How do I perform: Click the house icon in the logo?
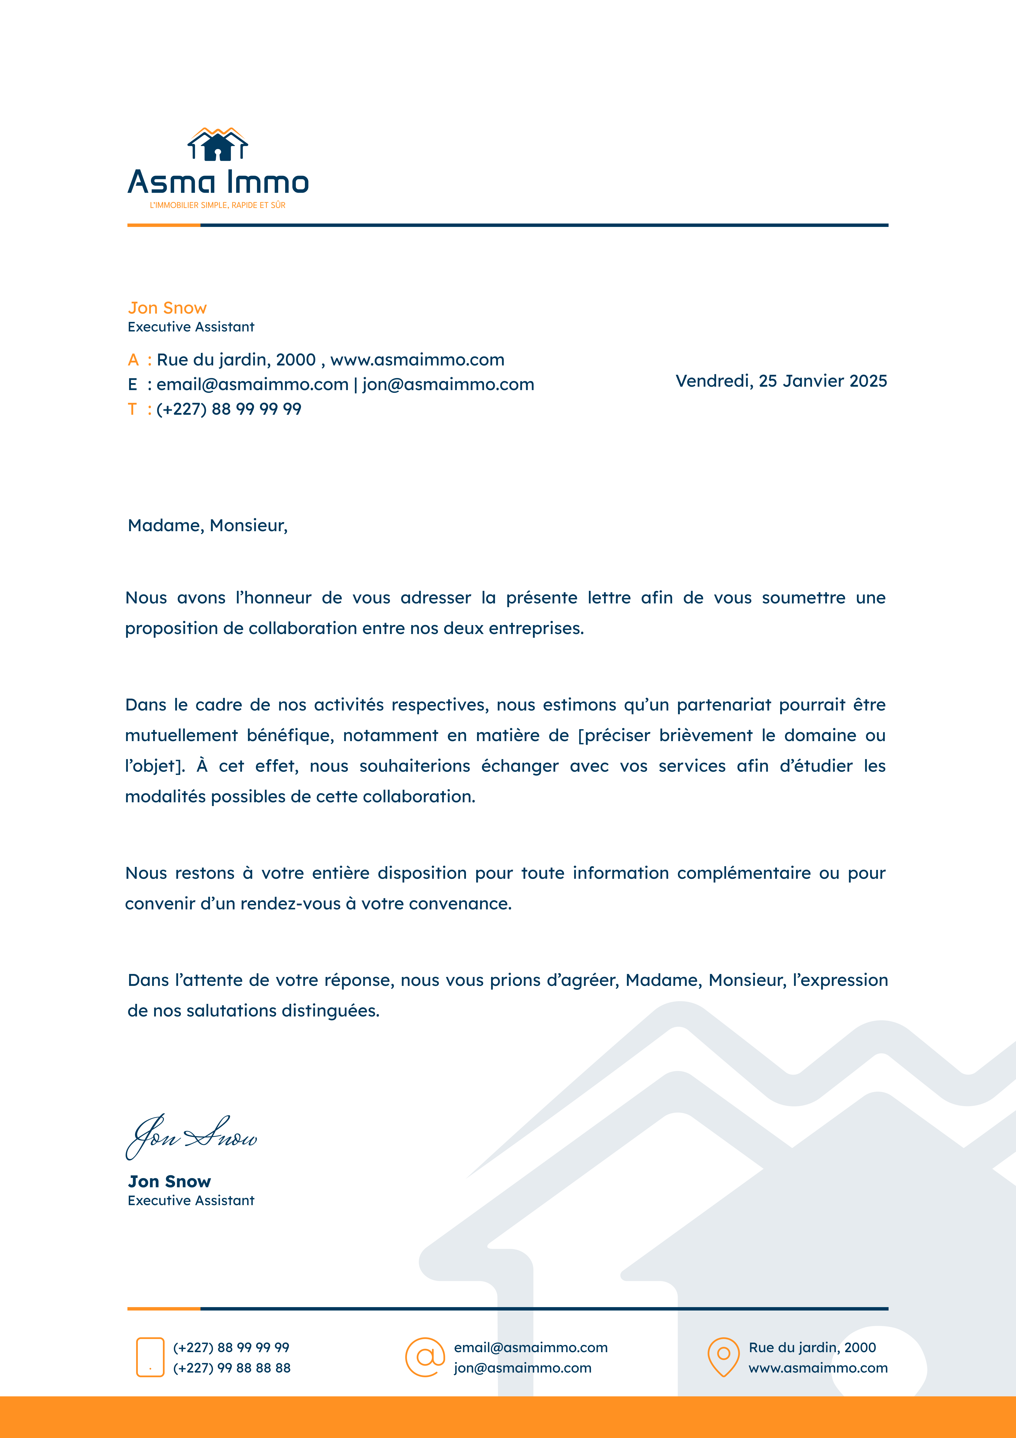tap(217, 145)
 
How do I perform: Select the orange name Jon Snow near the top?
tap(167, 308)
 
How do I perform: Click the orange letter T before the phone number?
tap(132, 409)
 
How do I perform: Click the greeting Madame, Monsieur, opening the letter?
tap(207, 525)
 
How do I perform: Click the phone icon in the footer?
tap(150, 1357)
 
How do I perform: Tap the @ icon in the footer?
tap(425, 1357)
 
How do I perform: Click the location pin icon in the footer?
tap(723, 1357)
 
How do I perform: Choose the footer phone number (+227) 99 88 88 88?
tap(232, 1368)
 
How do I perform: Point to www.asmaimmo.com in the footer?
tap(818, 1368)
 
